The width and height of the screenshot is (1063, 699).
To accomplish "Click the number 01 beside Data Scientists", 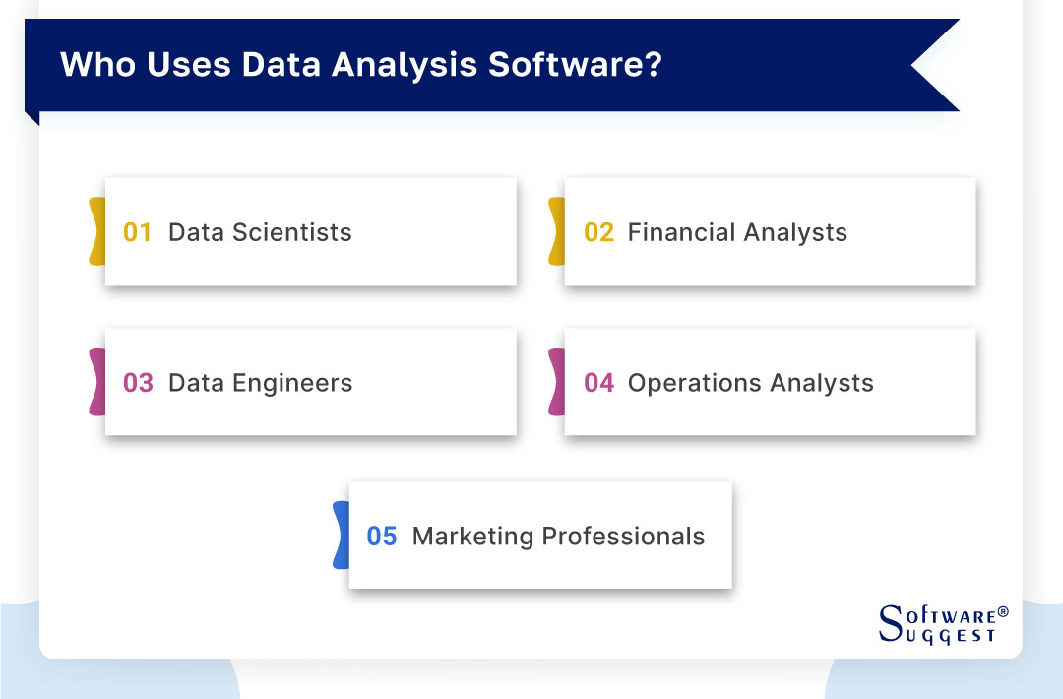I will [138, 233].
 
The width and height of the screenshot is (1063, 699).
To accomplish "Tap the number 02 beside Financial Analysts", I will [598, 233].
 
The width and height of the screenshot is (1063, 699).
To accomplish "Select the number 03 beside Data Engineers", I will [138, 383].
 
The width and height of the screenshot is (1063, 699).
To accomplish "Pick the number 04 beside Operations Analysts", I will [598, 383].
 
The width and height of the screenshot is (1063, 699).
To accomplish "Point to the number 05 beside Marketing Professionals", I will [382, 537].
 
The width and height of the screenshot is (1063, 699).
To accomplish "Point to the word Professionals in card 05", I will [624, 537].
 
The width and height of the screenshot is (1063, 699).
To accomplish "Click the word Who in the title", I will [95, 65].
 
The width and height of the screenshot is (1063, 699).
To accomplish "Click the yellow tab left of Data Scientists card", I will [96, 231].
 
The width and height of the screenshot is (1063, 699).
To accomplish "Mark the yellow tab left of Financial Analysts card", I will [556, 231].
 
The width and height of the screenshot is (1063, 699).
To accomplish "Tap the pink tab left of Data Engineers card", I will [96, 382].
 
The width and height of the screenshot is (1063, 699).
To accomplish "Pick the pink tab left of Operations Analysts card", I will [556, 382].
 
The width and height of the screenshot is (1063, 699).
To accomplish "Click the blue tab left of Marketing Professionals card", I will [341, 535].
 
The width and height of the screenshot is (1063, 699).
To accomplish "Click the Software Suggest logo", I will [942, 624].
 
